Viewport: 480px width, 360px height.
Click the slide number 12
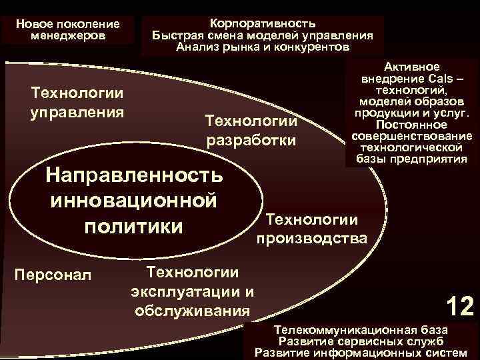coord(460,307)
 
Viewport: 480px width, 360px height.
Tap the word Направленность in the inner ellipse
coord(134,175)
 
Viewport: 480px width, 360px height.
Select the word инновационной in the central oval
coord(134,200)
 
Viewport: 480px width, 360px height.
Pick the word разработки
coord(251,141)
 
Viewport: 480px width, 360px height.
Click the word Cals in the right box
coord(441,79)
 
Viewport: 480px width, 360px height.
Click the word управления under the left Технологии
coord(77,110)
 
